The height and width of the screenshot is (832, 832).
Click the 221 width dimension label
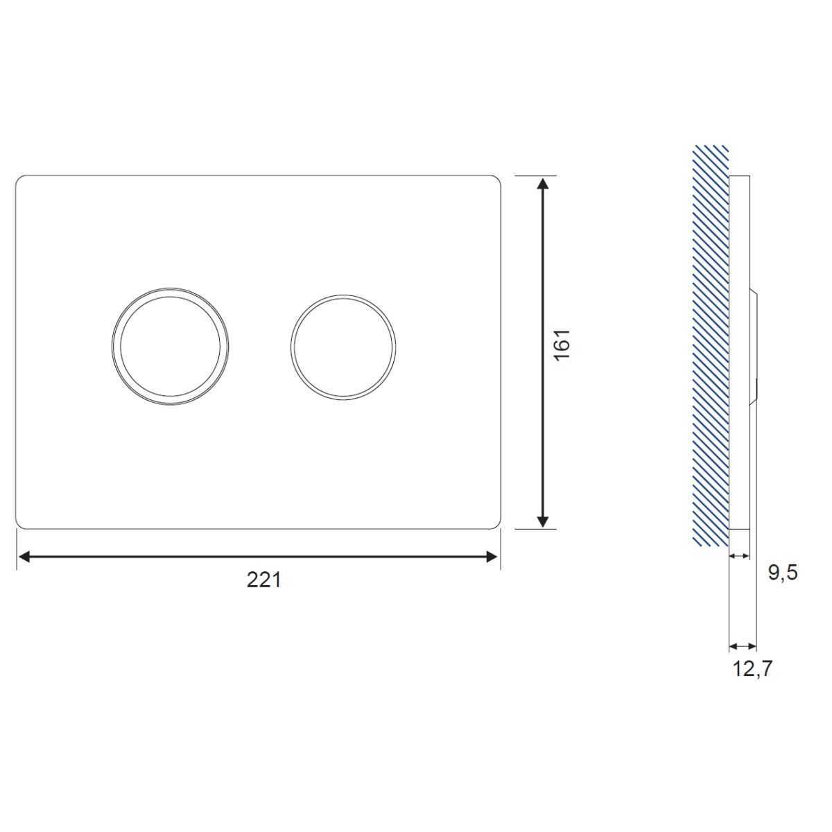(263, 580)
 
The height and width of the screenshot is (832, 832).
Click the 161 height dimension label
(562, 345)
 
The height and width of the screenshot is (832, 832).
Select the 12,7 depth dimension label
(752, 669)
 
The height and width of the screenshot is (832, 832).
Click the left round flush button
(170, 347)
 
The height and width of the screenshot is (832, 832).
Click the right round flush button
(343, 347)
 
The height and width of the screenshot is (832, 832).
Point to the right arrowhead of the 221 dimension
(493, 557)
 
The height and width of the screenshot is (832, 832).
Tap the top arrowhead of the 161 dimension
(544, 183)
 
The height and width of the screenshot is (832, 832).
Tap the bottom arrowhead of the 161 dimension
(544, 521)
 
